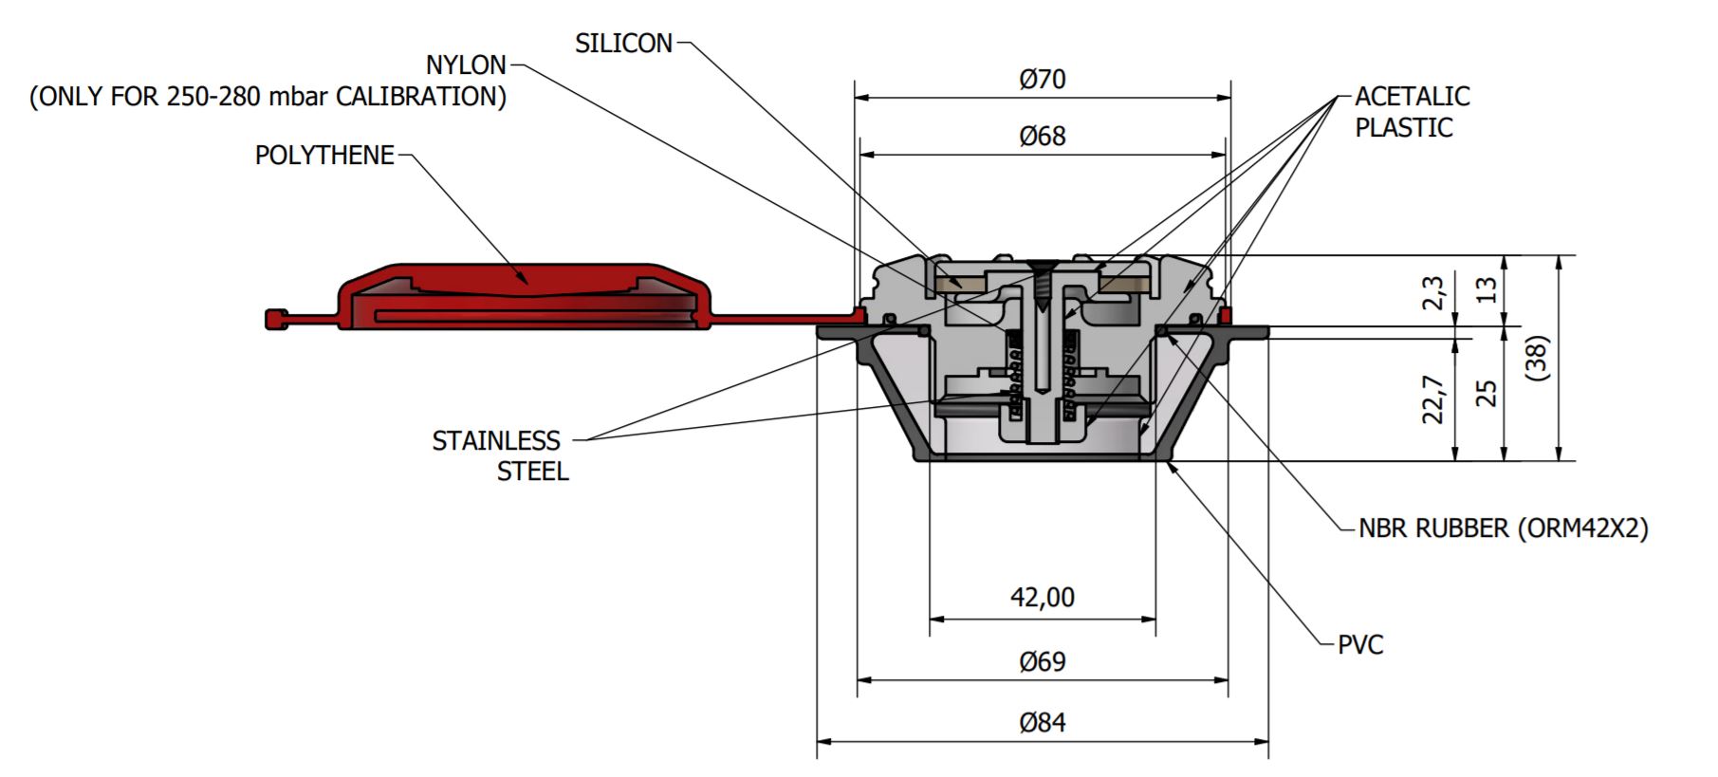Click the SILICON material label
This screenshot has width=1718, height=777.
[x=623, y=44]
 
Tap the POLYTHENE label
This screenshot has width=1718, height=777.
[x=324, y=156]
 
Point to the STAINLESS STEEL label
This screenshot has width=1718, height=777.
[x=498, y=455]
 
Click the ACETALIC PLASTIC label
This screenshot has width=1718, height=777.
[x=1411, y=112]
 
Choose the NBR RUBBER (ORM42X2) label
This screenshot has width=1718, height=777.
[x=1503, y=528]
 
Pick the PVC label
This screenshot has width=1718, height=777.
[x=1359, y=645]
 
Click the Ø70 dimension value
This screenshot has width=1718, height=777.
[x=1043, y=79]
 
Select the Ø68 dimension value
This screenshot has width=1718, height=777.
[x=1043, y=137]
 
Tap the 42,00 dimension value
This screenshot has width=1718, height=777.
[x=1043, y=598]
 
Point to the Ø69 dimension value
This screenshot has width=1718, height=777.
[x=1043, y=661]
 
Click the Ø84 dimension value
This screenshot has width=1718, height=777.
[x=1043, y=723]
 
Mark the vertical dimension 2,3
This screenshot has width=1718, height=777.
[x=1434, y=292]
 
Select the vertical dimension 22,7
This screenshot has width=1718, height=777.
[x=1434, y=398]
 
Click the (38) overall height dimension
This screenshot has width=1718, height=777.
[x=1539, y=358]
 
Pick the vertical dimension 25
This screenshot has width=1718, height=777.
[x=1487, y=393]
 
